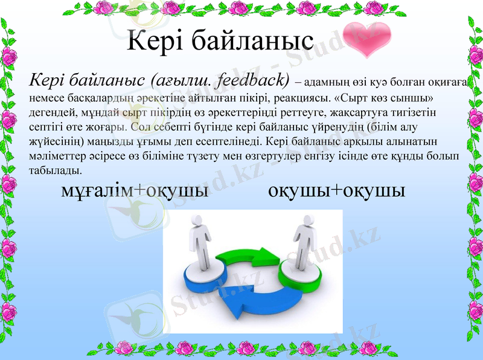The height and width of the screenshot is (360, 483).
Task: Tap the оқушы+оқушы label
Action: (x=336, y=191)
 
